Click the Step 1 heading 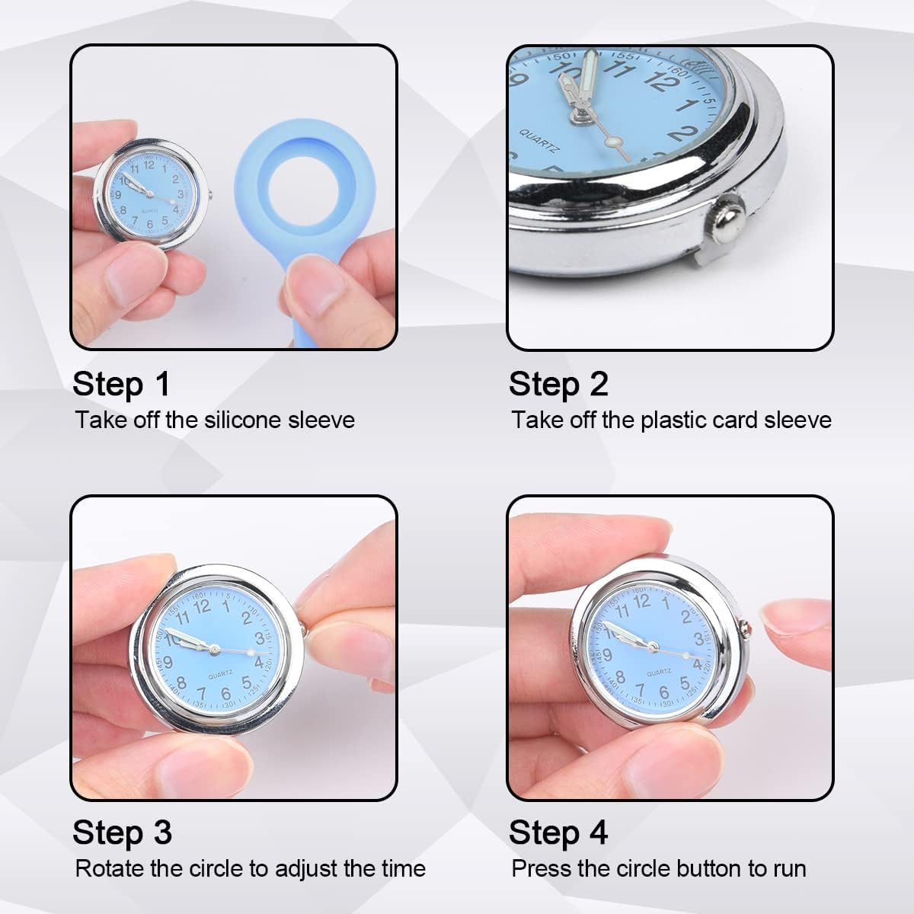tap(121, 384)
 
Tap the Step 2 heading tap(558, 384)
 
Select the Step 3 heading tap(122, 833)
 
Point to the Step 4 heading tap(558, 833)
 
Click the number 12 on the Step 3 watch tap(202, 606)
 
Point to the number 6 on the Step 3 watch tap(226, 693)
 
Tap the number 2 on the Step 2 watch tap(682, 133)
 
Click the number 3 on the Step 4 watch tap(698, 639)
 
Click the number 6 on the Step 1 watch tap(150, 224)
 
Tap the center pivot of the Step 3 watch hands tap(214, 649)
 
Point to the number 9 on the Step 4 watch tap(608, 656)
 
